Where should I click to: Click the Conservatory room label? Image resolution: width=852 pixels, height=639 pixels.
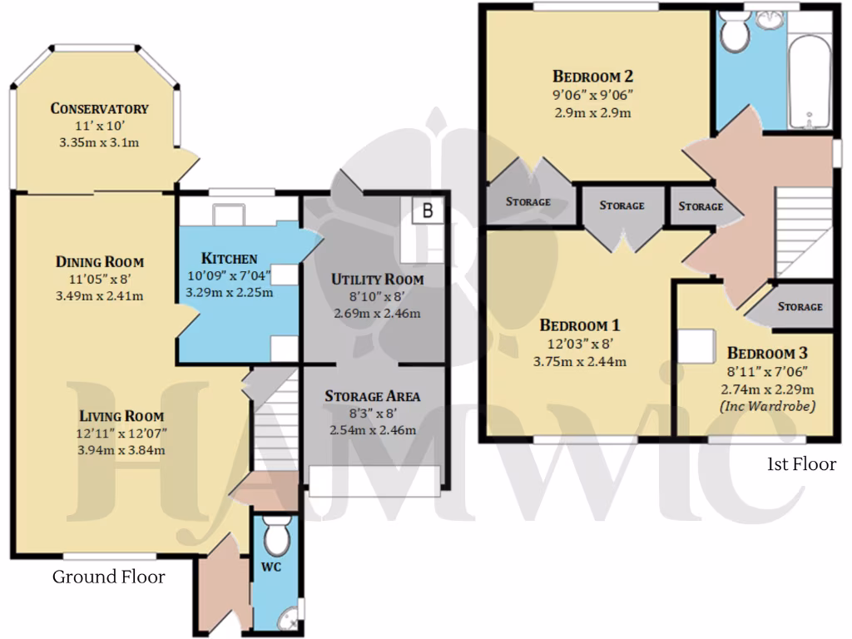pos(99,109)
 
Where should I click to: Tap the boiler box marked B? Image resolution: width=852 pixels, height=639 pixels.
pos(428,211)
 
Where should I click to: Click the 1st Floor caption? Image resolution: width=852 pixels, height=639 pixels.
pos(800,463)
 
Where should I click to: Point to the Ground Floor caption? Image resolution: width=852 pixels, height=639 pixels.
pos(109,577)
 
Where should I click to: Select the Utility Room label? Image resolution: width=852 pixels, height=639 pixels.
pos(377,280)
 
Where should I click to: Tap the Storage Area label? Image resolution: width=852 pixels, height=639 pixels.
pos(372,396)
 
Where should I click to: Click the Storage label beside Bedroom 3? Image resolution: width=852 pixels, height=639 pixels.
pos(800,306)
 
